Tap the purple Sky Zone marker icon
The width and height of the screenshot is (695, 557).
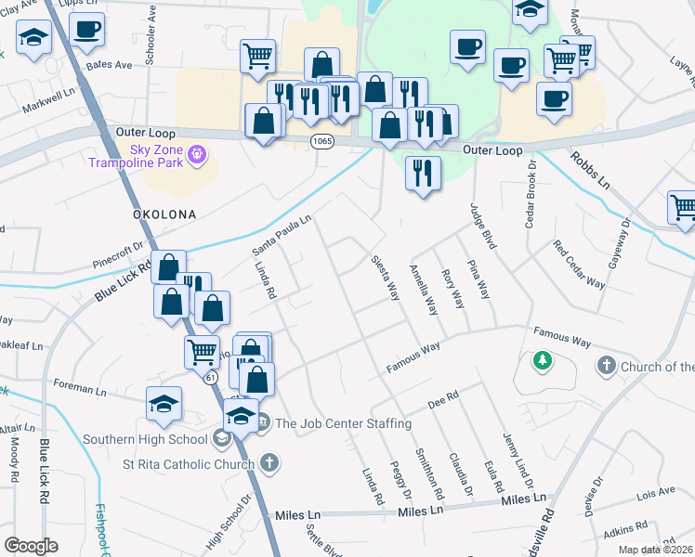(x=196, y=153)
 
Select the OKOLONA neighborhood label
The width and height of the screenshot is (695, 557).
(x=163, y=214)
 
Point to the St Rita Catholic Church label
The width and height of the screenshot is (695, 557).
(x=190, y=464)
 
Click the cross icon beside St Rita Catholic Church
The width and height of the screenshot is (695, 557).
(x=269, y=462)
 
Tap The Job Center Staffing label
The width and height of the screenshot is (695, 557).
(x=343, y=424)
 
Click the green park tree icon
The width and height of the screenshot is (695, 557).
(x=542, y=360)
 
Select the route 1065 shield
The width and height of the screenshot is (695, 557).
(x=321, y=140)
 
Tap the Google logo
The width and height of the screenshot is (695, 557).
(x=31, y=545)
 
